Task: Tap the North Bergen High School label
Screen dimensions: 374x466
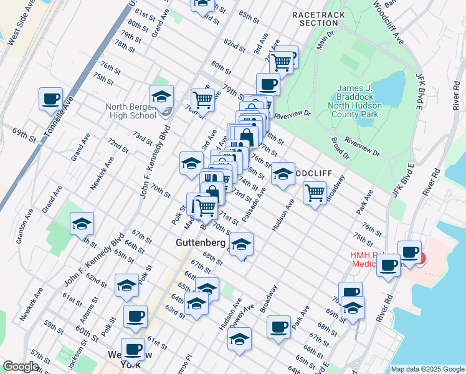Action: click(131, 111)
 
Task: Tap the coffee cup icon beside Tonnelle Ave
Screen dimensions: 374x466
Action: click(50, 98)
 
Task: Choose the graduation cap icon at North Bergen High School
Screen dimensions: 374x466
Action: click(161, 97)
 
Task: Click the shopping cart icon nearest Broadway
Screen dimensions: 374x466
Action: click(315, 192)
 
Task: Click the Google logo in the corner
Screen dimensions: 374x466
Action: click(21, 367)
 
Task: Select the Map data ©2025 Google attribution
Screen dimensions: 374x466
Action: click(427, 369)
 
